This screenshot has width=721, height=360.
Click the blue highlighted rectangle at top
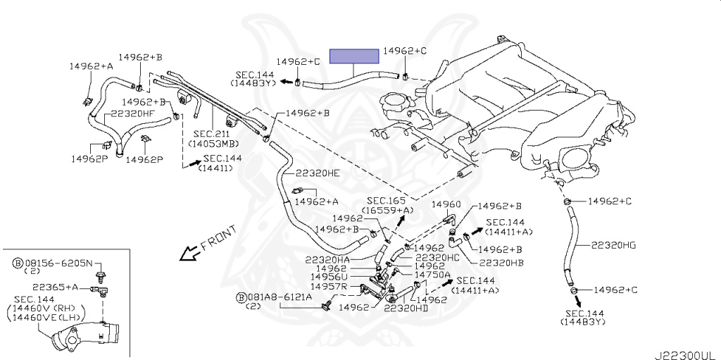coord(355,56)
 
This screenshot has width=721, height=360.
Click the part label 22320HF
coord(130,112)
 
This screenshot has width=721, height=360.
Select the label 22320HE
coord(317,173)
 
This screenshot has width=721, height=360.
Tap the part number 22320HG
coord(613,244)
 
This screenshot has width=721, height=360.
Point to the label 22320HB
coord(501,263)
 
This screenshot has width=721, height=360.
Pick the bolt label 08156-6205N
coord(62,263)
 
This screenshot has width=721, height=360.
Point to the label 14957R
coord(332,287)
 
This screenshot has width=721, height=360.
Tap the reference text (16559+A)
coord(388,210)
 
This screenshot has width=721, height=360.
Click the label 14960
coord(446,204)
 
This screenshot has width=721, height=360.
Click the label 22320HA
coord(329,259)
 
